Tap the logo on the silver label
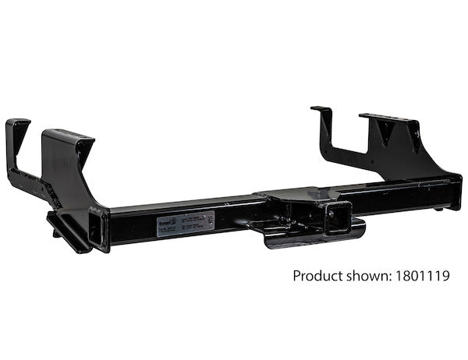165,224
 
